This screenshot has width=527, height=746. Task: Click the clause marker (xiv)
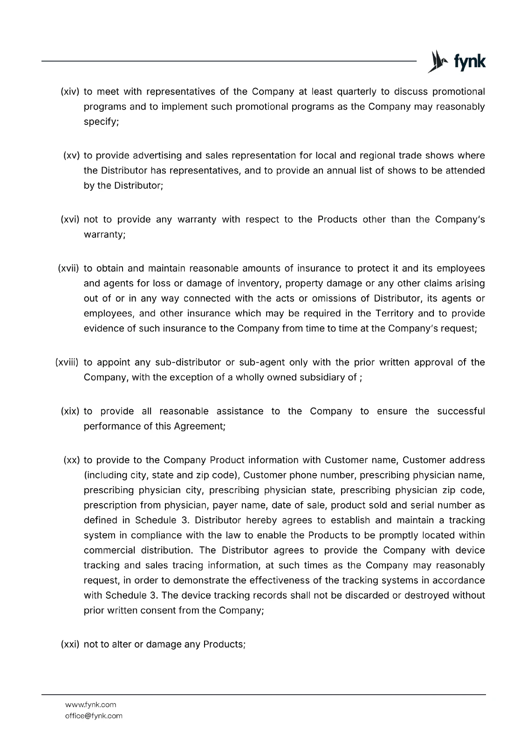(70, 91)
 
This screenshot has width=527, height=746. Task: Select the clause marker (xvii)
(69, 269)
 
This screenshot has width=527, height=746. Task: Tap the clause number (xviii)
(67, 362)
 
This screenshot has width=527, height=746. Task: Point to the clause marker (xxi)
(70, 644)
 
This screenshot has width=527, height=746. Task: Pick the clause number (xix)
(70, 411)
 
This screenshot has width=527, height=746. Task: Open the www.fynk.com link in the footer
(90, 705)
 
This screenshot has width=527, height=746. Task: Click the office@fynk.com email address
(94, 716)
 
